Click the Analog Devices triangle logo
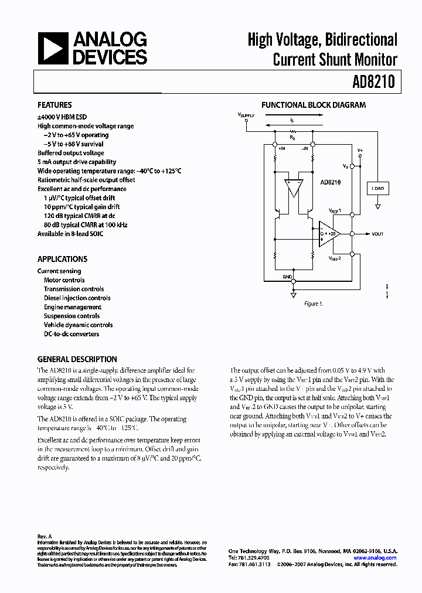53,47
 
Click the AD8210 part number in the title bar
375,83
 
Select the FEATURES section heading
55,105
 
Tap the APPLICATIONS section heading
62,259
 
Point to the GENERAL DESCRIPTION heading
77,359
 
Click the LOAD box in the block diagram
378,189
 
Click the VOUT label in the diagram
378,234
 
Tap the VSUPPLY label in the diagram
246,116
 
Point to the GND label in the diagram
287,276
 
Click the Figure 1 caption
313,304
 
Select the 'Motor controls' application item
64,280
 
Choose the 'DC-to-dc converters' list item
71,334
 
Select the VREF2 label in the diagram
335,258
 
